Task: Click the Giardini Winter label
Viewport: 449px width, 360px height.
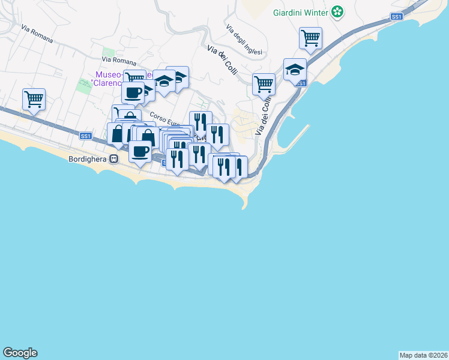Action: coord(300,12)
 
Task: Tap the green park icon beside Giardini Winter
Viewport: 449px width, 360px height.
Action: coord(338,11)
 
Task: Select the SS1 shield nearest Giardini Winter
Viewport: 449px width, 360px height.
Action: coord(396,17)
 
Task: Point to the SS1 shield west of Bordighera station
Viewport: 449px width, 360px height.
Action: coord(85,136)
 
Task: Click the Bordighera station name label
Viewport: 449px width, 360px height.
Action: coord(85,159)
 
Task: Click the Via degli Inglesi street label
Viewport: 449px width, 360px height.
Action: coord(244,40)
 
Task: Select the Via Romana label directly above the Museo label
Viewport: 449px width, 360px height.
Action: coord(119,61)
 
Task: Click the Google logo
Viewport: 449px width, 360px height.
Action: coord(20,353)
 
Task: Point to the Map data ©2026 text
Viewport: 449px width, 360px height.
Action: coord(423,355)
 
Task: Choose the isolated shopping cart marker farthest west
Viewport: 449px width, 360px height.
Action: coord(34,98)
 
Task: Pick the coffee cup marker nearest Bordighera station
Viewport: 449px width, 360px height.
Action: coord(140,151)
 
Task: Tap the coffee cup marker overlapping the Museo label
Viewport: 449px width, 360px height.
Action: coord(133,92)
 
